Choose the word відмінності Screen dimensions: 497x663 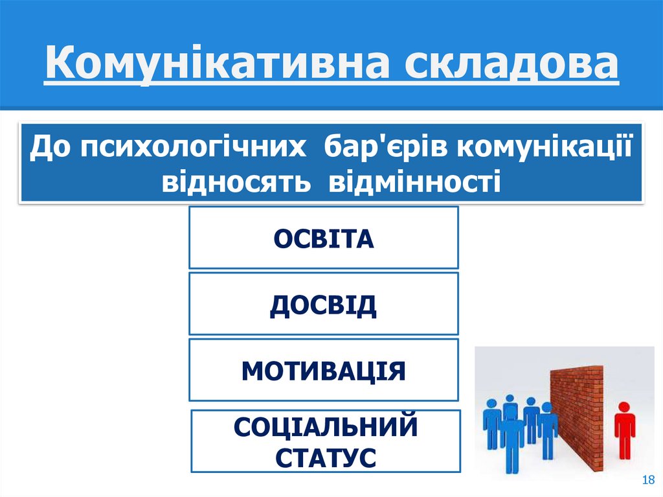click(415, 181)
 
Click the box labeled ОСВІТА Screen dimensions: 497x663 click(324, 238)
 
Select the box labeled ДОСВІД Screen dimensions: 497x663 click(324, 304)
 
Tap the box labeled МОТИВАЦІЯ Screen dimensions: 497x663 click(324, 370)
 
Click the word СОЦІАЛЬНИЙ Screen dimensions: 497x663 click(326, 428)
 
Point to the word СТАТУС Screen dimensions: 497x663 click(326, 457)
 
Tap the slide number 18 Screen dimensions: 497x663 click(647, 480)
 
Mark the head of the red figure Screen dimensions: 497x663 click(624, 407)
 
